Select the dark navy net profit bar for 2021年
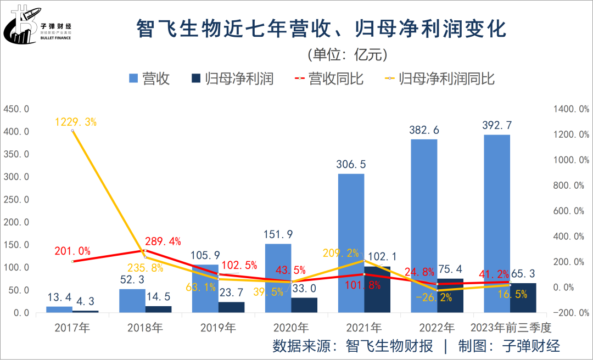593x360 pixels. (377, 291)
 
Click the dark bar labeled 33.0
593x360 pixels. (304, 305)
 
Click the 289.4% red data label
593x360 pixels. (163, 241)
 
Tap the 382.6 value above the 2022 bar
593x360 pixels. (424, 130)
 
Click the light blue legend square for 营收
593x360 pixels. (133, 79)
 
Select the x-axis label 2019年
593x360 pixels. (218, 328)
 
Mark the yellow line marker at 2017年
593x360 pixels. (73, 131)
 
